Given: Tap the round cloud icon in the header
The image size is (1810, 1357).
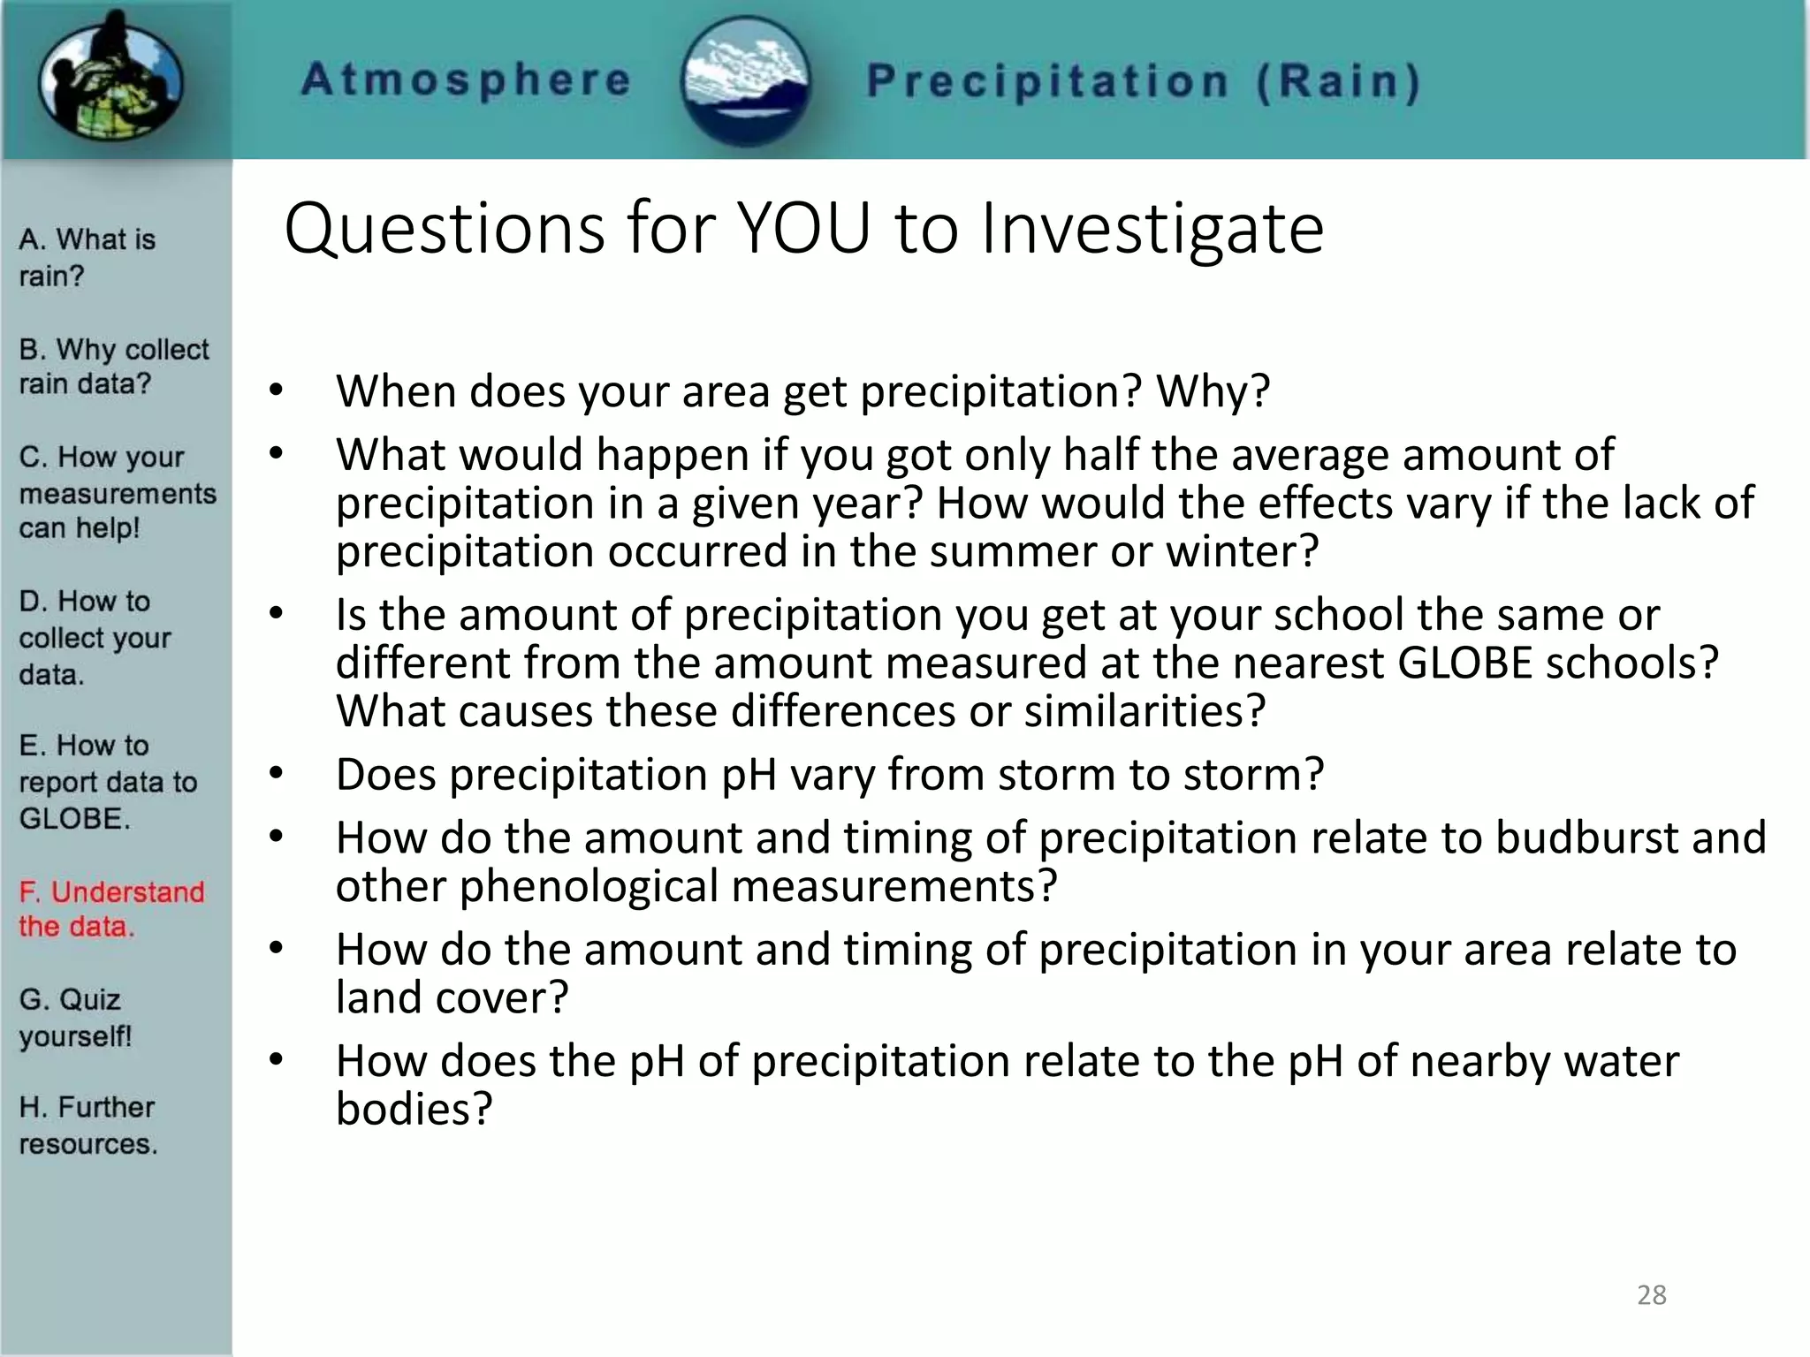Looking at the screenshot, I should pos(747,82).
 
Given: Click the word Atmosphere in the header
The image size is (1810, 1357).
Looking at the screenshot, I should pos(466,80).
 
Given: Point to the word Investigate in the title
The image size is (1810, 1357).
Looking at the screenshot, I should pos(1152,230).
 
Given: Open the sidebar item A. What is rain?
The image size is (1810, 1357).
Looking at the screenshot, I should pos(86,257).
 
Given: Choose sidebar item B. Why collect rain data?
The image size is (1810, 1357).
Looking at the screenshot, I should pos(113,366).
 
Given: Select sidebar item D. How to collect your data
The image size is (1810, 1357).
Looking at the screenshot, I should pos(94,637).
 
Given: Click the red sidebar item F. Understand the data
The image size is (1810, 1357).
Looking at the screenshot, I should pos(110,909).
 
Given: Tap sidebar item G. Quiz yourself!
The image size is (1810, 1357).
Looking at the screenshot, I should pos(74,1017).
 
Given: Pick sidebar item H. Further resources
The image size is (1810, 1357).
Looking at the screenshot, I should pos(87,1125).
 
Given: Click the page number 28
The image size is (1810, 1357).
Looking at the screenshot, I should pos(1651,1295).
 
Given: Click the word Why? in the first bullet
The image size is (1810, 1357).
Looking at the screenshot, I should pos(1213,391).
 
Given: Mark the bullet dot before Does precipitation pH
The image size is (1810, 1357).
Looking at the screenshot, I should pos(277,774).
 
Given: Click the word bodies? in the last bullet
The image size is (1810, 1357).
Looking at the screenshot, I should pos(413,1109).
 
